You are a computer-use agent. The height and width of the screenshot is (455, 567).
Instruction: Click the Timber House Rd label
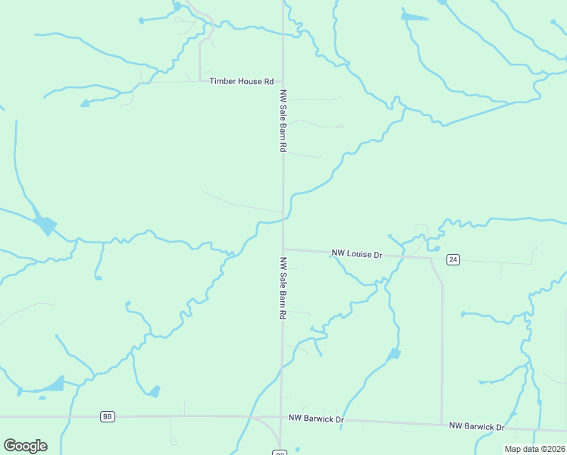[x=242, y=81]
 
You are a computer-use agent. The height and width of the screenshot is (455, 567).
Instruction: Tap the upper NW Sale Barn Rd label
[x=283, y=121]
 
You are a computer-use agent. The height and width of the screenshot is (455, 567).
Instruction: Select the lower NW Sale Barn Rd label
[x=283, y=287]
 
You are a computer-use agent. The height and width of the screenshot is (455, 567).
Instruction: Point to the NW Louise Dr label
[x=357, y=254]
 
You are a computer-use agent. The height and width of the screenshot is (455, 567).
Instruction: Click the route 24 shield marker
[x=453, y=259]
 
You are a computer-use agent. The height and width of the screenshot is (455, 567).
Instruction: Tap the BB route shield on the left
[x=108, y=416]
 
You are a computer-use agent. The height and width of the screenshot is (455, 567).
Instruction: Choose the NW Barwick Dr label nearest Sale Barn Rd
[x=316, y=419]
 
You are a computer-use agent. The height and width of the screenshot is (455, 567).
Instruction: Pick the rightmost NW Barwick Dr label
[x=477, y=427]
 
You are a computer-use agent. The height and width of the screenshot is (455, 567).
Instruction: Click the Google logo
[x=25, y=446]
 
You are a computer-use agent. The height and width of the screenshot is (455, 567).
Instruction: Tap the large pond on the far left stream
[x=46, y=225]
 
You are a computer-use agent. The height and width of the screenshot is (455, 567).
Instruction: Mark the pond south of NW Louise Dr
[x=393, y=354]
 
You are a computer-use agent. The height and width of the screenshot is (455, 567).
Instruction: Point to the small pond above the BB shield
[x=154, y=391]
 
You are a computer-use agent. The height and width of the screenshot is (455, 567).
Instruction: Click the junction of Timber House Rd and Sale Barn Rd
[x=283, y=81]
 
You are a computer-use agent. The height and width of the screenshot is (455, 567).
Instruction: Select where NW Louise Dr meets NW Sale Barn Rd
[x=283, y=249]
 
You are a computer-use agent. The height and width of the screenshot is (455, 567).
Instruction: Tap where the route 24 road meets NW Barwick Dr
[x=442, y=424]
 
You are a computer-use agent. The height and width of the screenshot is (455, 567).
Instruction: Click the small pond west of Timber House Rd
[x=85, y=103]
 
